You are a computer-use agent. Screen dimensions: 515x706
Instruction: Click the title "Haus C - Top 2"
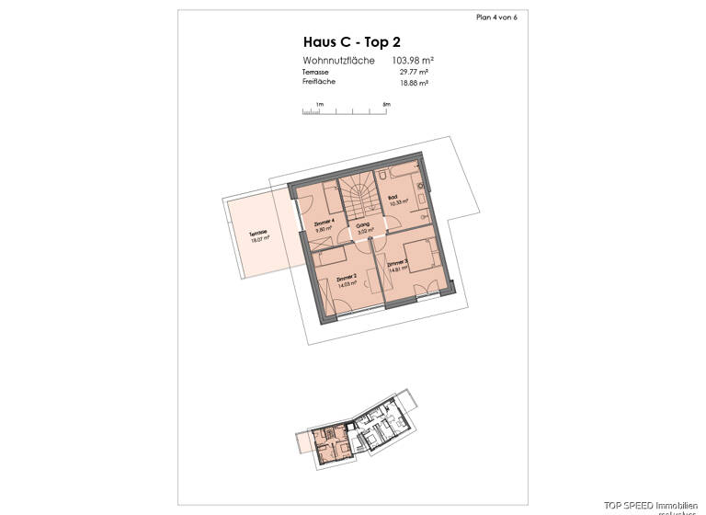click(x=351, y=41)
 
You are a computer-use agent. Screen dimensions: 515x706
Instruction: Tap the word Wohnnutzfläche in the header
click(x=338, y=60)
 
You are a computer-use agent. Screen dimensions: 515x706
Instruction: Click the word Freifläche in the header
click(x=319, y=82)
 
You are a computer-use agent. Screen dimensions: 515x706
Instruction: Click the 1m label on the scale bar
click(x=319, y=105)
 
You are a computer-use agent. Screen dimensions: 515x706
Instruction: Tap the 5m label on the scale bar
click(x=387, y=105)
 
